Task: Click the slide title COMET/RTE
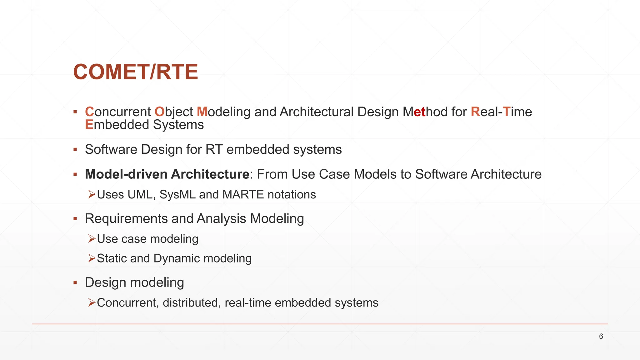pyautogui.click(x=135, y=72)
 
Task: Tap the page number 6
pyautogui.click(x=601, y=337)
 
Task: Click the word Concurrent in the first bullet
pyautogui.click(x=118, y=112)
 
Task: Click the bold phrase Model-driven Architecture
pyautogui.click(x=167, y=174)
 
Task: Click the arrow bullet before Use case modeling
pyautogui.click(x=92, y=239)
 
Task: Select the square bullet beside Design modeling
pyautogui.click(x=75, y=282)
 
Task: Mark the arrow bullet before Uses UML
pyautogui.click(x=92, y=195)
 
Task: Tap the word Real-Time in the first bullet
pyautogui.click(x=501, y=112)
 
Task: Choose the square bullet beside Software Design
pyautogui.click(x=75, y=149)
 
